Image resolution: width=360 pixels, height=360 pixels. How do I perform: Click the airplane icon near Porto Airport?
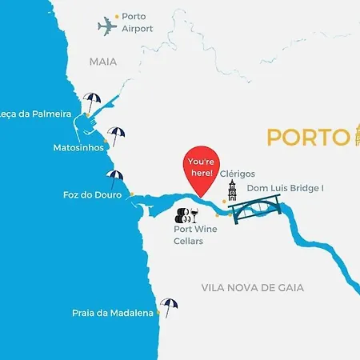(107, 26)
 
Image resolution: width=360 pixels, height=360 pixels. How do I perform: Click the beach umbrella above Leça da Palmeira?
(93, 102)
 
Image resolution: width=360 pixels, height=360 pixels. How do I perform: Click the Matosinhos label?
(78, 148)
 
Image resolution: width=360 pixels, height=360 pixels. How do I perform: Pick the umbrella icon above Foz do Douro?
(115, 178)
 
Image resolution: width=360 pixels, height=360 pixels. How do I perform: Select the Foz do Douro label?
(92, 194)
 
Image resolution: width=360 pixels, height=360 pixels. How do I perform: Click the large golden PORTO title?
(306, 137)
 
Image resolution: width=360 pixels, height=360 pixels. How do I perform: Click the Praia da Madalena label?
(112, 314)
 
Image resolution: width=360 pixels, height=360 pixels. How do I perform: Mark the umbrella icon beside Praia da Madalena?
(168, 305)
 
